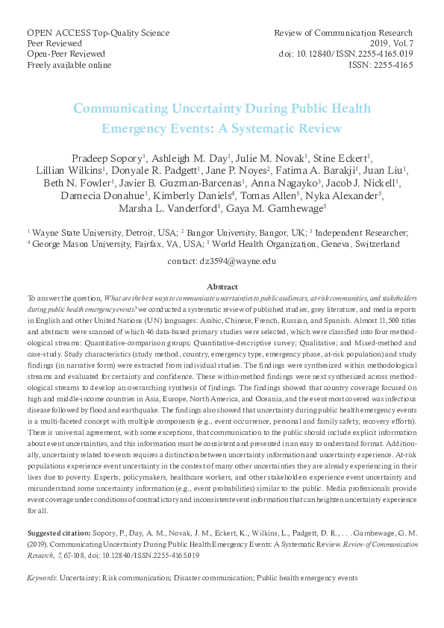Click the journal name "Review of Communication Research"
tap(343, 34)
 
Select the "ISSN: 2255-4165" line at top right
tap(381, 65)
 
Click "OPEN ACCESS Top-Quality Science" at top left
tap(98, 34)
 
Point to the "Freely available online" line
tap(69, 65)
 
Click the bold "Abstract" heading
tap(222, 286)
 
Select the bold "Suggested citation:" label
tap(59, 534)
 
